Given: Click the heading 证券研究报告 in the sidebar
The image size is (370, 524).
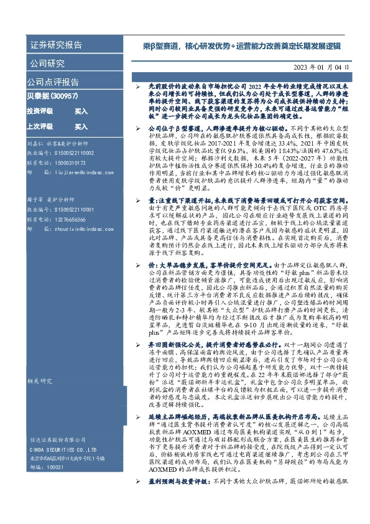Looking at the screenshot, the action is (56, 45).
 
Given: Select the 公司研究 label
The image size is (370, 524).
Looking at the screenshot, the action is (47, 63).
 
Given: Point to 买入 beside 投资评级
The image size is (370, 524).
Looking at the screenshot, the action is (81, 111).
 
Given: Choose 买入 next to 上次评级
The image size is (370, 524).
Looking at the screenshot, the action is (81, 126).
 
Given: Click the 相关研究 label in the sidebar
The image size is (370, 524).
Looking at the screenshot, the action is (40, 381).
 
